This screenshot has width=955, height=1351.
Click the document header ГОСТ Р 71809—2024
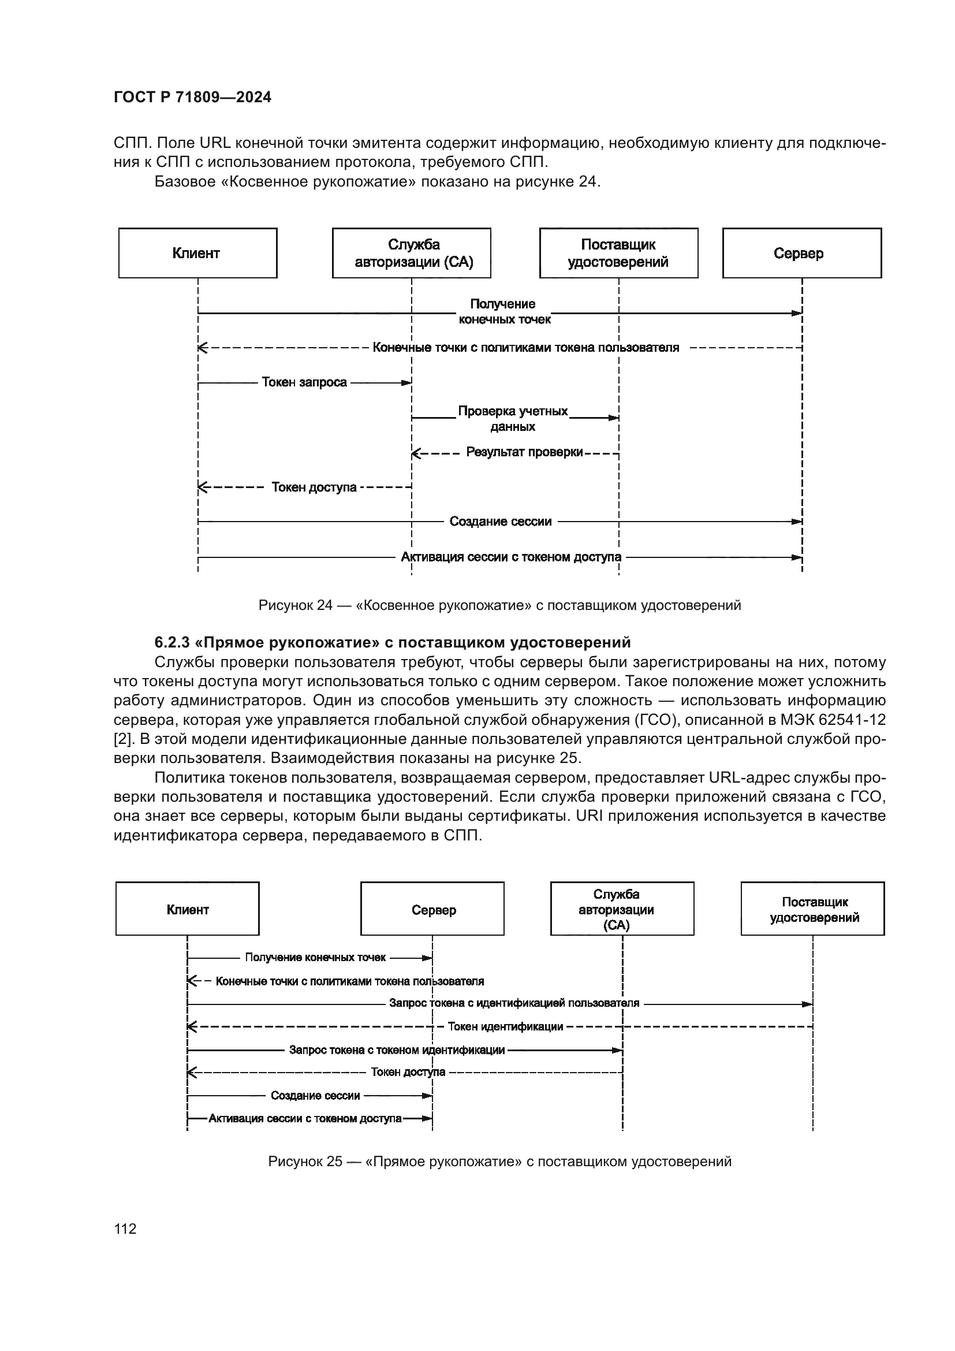tap(192, 97)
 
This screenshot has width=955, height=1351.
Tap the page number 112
tap(125, 1229)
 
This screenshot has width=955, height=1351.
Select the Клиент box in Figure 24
tap(197, 253)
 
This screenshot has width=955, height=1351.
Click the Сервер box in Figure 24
tap(801, 253)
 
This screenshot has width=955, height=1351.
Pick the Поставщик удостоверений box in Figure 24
tap(618, 253)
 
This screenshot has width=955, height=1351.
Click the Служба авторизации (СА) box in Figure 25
tap(622, 909)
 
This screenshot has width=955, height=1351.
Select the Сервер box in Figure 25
tap(432, 909)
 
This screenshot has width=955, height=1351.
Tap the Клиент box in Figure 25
tap(188, 909)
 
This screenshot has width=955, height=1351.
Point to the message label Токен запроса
tap(304, 382)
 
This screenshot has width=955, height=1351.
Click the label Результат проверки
tap(524, 452)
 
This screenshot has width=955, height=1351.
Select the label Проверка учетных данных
tap(513, 418)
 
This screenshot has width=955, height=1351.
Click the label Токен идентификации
tap(505, 1026)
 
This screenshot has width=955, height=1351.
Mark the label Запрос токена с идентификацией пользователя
tap(514, 1003)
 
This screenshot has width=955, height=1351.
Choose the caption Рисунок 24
tap(499, 605)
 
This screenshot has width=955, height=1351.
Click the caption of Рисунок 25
tap(499, 1161)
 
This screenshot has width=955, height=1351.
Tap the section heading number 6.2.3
tap(171, 641)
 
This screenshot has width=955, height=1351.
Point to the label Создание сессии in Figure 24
tap(501, 522)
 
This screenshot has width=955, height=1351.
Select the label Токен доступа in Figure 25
tap(408, 1071)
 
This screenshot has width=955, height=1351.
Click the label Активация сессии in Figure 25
tap(305, 1118)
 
